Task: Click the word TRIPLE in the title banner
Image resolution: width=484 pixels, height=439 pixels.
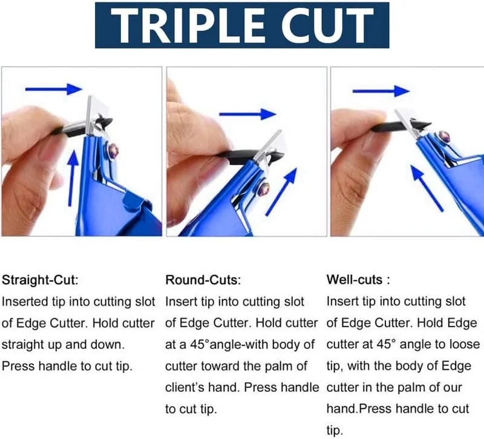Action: tap(187, 25)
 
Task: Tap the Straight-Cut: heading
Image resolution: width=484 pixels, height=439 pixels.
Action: tap(40, 280)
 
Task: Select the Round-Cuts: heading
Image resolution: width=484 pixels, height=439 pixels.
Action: tap(203, 280)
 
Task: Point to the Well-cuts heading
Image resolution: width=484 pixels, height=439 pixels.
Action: tap(355, 280)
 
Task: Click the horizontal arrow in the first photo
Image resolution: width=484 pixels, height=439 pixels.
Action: tap(54, 89)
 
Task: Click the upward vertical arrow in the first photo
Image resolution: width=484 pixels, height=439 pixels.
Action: tap(73, 179)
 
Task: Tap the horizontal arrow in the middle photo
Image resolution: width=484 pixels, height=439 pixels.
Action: tap(247, 114)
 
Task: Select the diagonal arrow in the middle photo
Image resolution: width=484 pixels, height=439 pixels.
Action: tap(281, 191)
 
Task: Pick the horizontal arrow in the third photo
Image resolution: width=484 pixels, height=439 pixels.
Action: tap(381, 91)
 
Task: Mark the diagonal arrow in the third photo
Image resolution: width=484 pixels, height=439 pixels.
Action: tap(427, 188)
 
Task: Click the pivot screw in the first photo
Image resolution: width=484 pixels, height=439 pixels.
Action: tap(113, 151)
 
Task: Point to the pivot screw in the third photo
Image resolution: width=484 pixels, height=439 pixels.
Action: tap(443, 136)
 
